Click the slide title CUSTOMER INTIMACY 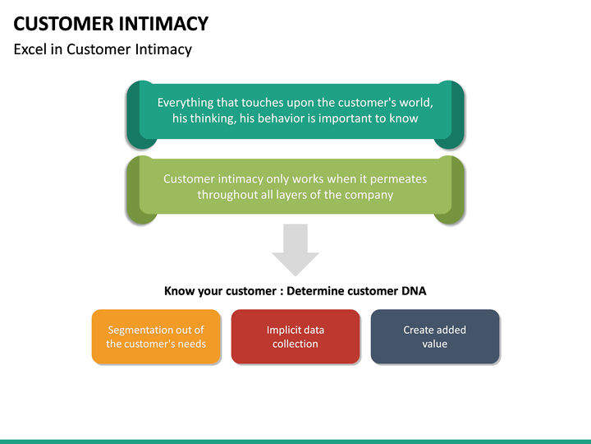pyautogui.click(x=112, y=23)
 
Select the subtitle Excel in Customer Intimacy pyautogui.click(x=103, y=49)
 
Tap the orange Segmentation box pyautogui.click(x=156, y=336)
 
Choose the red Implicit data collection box pyautogui.click(x=295, y=336)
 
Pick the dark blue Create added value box pyautogui.click(x=435, y=336)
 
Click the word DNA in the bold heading pyautogui.click(x=413, y=290)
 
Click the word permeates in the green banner pyautogui.click(x=398, y=178)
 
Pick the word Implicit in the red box pyautogui.click(x=284, y=330)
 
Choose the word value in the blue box pyautogui.click(x=435, y=344)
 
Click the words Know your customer pyautogui.click(x=213, y=290)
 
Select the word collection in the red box pyautogui.click(x=295, y=344)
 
